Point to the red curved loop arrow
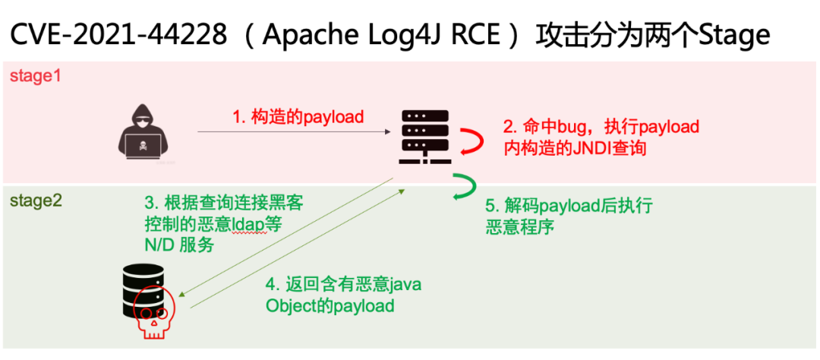469,141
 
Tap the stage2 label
35,201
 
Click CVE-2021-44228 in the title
113,34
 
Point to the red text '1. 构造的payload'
298,116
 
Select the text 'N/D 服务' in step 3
179,245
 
